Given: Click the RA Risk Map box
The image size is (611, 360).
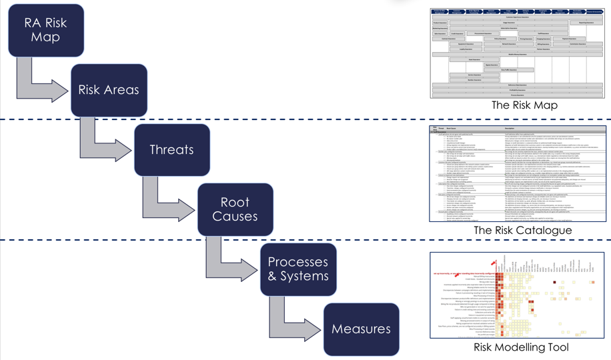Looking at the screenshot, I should pos(46,30).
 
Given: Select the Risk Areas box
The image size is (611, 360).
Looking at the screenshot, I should pos(109,90).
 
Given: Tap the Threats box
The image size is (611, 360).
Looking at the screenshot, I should pos(172,150).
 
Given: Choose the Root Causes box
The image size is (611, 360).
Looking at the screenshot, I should pos(235,209).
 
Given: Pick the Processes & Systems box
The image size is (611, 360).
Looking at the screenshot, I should pos(298,269).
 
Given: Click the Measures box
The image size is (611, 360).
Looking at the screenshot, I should pos(361,329).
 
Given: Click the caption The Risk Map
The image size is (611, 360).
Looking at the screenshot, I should pos(524,105).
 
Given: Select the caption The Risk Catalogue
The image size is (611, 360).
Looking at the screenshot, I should pos(523,231).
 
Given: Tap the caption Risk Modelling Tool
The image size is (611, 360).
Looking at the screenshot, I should pos(521,347).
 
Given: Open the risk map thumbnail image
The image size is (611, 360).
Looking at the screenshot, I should pos(518,53).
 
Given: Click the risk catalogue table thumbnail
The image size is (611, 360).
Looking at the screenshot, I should pos(518,173).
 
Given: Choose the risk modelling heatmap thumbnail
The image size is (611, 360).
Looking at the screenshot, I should pos(518,295).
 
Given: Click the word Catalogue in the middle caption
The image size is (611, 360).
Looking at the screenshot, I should pos(545,231).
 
